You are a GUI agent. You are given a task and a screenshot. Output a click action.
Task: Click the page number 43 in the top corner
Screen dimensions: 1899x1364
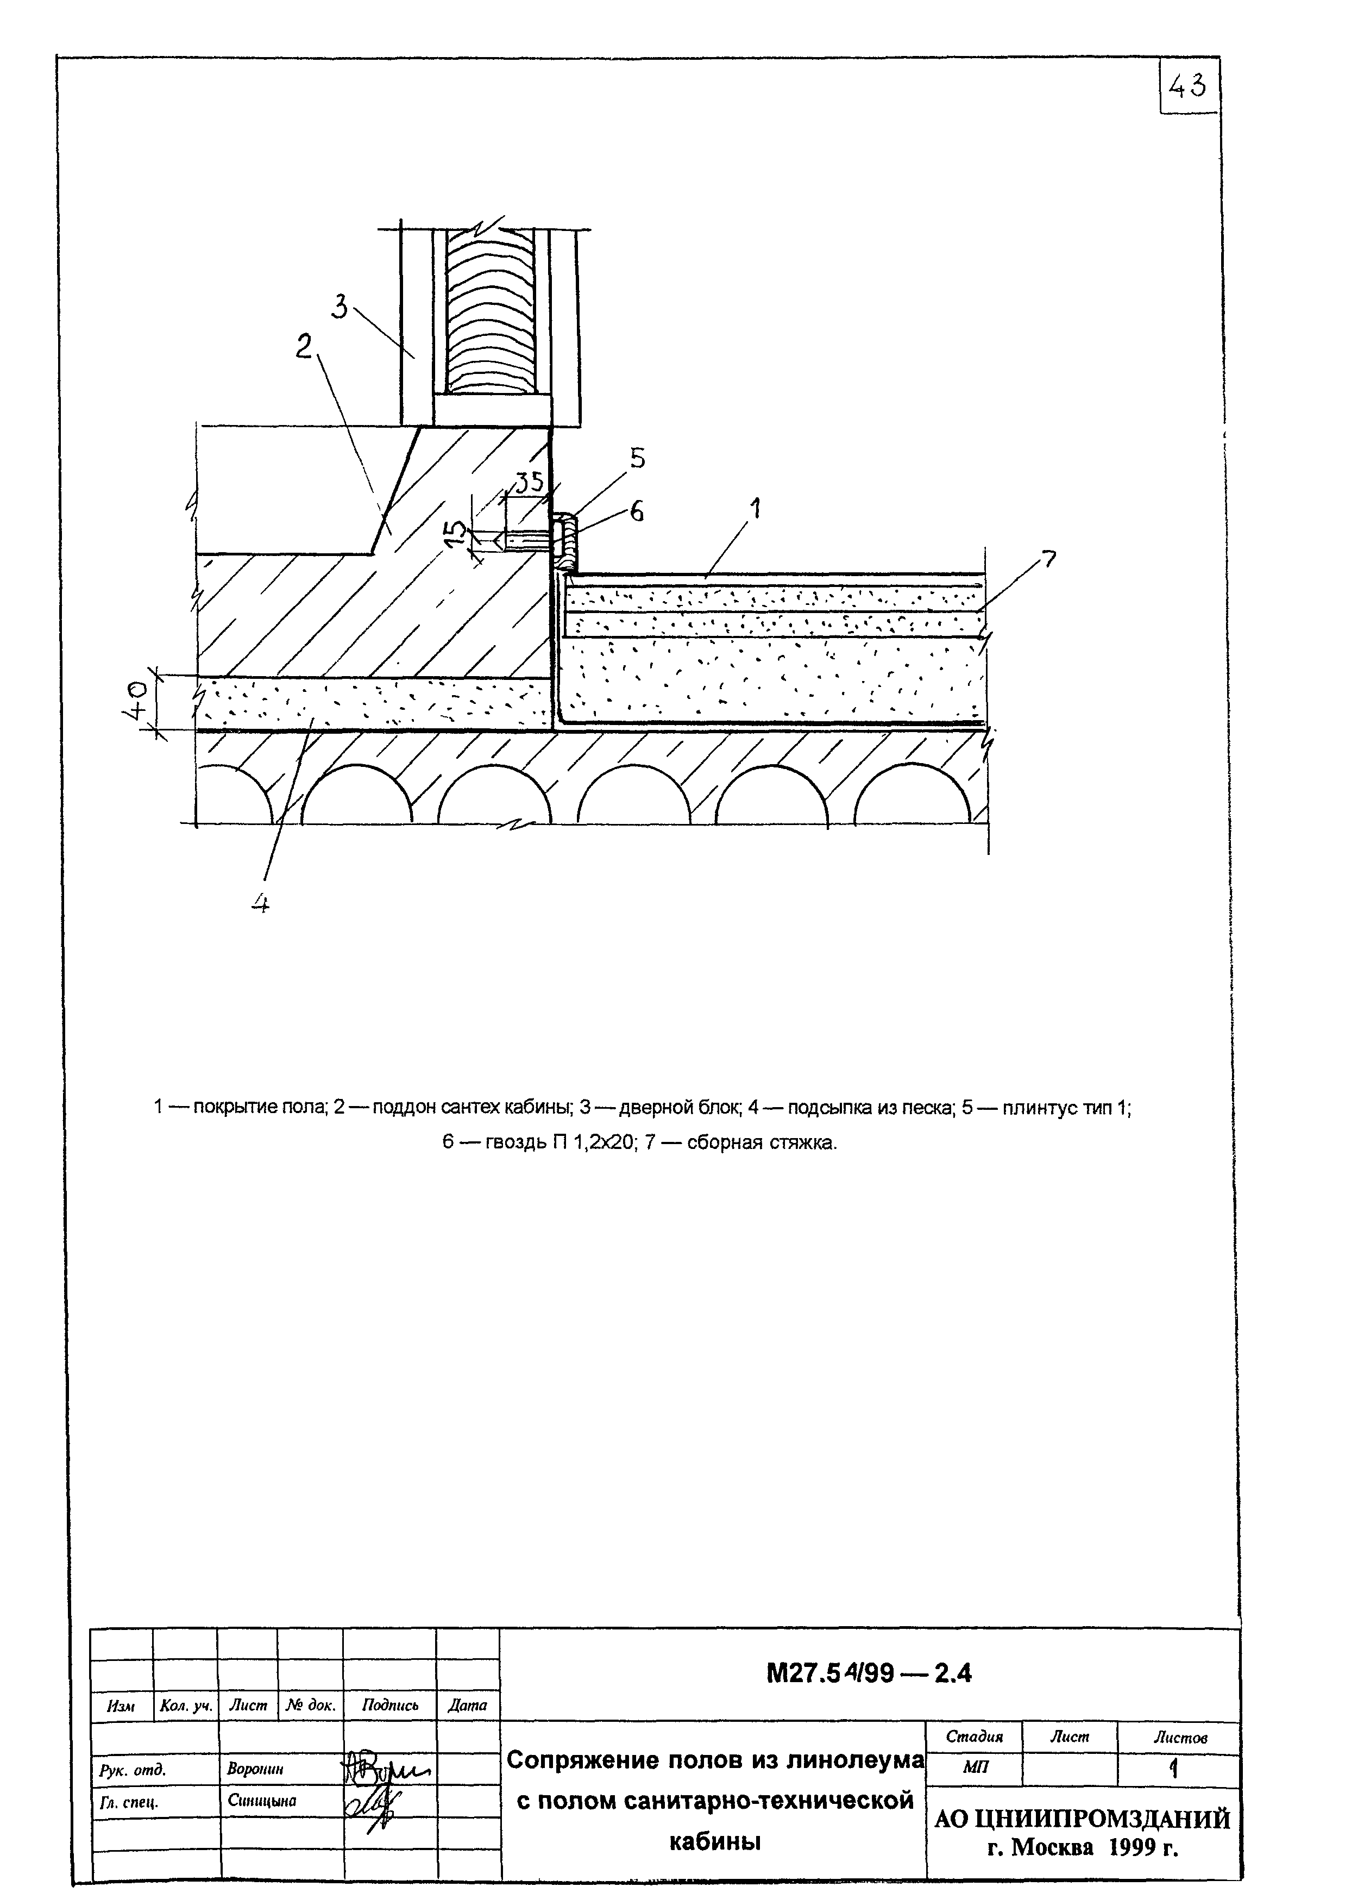pos(1188,85)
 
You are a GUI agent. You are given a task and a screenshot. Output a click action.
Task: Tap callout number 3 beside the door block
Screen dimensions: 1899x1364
pos(340,307)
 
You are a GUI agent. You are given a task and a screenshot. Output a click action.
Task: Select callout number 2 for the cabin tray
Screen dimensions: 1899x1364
pos(304,346)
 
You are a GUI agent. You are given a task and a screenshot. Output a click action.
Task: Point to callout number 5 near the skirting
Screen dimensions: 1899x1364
pos(638,458)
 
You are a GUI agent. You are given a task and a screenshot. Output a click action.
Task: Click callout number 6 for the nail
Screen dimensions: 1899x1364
pos(637,511)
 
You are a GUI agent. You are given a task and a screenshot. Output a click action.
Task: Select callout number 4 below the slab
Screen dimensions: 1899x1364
pos(260,903)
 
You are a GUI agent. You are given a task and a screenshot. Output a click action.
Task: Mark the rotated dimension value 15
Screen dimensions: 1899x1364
pos(456,533)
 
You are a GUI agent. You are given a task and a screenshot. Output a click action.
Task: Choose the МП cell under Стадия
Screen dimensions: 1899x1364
pos(975,1767)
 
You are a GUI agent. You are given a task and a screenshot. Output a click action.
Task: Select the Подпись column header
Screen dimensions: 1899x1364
pos(390,1705)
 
